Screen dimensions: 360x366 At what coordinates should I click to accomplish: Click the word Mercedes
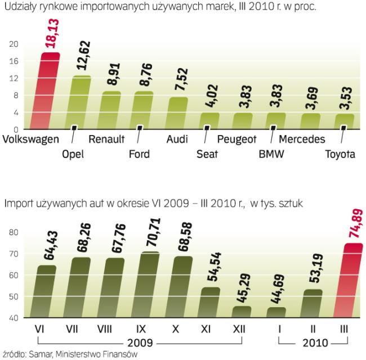click(302, 138)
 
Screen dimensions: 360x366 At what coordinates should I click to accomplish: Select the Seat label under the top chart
click(207, 153)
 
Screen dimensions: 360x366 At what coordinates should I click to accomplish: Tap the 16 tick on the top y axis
click(15, 61)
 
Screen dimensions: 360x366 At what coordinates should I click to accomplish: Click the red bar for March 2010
click(347, 281)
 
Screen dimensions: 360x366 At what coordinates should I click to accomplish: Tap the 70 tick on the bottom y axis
click(14, 254)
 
